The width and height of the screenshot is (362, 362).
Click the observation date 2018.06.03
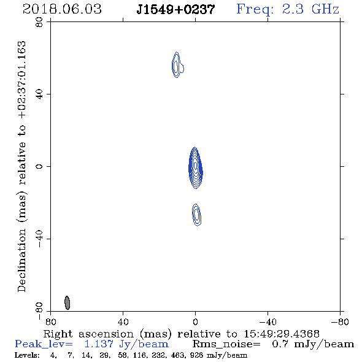coord(62,9)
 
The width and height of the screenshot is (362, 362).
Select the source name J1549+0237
coord(175,9)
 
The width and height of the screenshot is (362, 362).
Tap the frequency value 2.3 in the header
coord(293,9)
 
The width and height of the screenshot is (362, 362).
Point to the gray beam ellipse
coord(67,302)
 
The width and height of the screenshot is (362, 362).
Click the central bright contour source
coord(196,168)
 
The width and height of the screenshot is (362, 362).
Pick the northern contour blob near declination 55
coord(177,65)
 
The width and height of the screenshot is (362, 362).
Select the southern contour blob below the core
coord(196,215)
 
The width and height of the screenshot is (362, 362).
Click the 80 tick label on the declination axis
coord(39,22)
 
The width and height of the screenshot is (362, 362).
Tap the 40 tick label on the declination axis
coord(39,94)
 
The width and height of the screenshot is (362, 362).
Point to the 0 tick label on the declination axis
coord(39,166)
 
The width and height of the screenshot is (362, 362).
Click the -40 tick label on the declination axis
coord(39,239)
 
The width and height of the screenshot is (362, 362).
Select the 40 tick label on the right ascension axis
coord(123,322)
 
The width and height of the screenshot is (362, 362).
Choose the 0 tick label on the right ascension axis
coord(195,322)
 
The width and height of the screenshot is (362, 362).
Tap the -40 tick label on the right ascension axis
coord(268,322)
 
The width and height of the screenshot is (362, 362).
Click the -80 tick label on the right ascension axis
coord(340,322)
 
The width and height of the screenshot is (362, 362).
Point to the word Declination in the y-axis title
coord(21,260)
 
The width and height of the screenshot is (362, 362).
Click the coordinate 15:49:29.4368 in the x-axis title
coord(282,334)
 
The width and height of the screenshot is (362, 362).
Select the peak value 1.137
coord(99,344)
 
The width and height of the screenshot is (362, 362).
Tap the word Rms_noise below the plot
coord(226,344)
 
